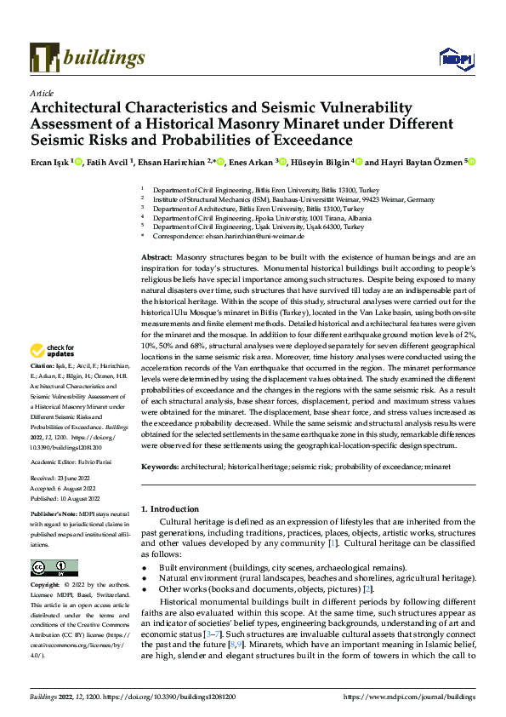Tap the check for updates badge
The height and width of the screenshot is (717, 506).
tap(54, 375)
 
